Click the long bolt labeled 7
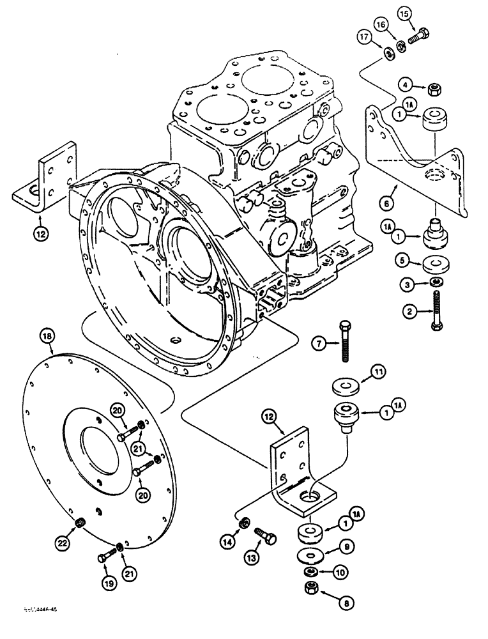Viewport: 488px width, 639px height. (x=346, y=341)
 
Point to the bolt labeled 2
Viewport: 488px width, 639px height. (x=436, y=310)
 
